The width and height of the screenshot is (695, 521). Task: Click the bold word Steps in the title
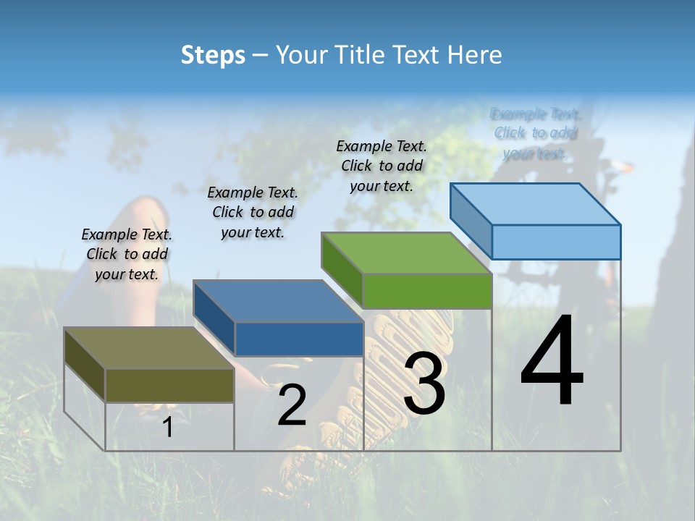point(213,55)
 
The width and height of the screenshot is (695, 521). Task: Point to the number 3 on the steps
point(424,384)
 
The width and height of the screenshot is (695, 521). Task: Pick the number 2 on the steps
point(292,405)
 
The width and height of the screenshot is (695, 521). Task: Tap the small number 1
point(168,428)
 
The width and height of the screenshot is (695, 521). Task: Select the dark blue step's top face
point(278,301)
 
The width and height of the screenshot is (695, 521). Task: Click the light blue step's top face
point(536,203)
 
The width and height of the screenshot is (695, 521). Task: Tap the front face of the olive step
point(170,385)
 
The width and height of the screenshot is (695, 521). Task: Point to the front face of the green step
point(427,291)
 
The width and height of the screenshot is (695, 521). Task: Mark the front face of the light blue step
point(556,242)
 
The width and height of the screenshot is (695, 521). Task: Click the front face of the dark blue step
point(299,339)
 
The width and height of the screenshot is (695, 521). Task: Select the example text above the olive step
point(127,254)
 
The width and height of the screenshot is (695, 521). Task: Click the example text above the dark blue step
point(253,212)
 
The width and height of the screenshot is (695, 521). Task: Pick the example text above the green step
point(382,166)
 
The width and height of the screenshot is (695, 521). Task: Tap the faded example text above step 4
point(536,133)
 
